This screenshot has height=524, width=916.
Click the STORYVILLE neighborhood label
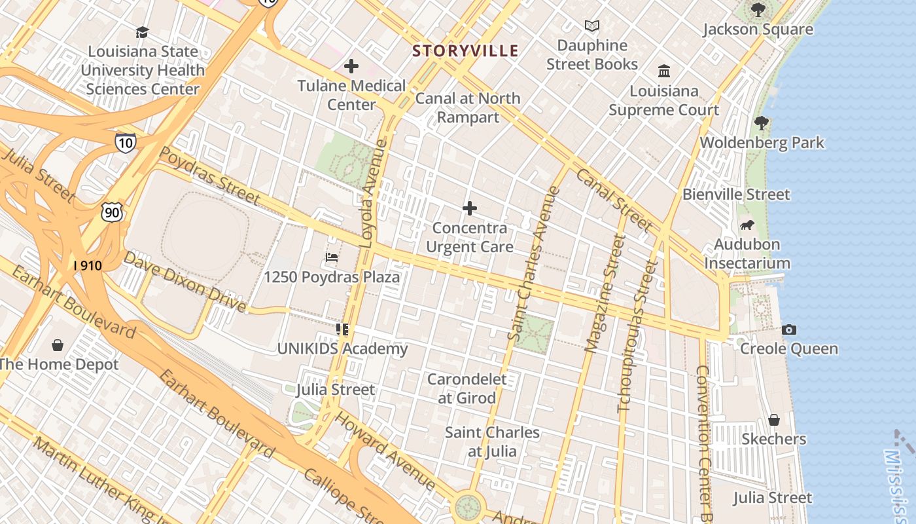(465, 50)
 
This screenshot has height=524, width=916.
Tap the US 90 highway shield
(112, 212)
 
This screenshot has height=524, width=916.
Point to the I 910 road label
(88, 265)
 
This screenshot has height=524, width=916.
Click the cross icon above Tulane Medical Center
(351, 66)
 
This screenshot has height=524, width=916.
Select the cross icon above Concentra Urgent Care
(469, 209)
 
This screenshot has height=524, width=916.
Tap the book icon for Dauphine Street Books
(592, 26)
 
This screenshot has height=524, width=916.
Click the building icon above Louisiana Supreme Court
(664, 71)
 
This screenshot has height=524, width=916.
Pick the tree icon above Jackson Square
(758, 10)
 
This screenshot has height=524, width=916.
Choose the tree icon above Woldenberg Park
(761, 122)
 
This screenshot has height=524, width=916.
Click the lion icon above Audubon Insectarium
(747, 225)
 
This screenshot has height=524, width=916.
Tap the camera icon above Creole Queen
(789, 329)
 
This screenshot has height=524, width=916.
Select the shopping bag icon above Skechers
(774, 420)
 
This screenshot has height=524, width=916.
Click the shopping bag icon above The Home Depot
(58, 345)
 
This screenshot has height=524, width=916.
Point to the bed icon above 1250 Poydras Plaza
(332, 257)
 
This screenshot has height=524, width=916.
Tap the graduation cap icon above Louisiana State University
(142, 32)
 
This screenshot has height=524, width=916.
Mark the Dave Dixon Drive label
(185, 281)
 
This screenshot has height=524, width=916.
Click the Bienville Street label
(736, 195)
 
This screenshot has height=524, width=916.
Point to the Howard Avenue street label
(385, 451)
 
